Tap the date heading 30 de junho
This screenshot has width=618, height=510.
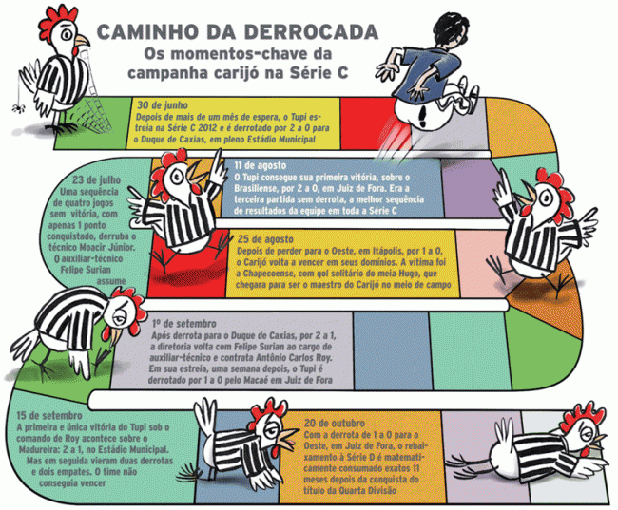[x=163, y=105]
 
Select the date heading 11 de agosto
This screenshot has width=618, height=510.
[x=261, y=165]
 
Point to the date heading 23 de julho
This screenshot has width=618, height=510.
[x=97, y=180]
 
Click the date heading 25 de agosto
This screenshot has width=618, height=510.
[x=265, y=239]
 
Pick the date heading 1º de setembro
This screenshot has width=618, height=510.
[x=184, y=324]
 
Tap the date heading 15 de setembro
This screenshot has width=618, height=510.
[x=49, y=415]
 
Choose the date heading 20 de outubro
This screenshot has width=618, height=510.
[x=335, y=424]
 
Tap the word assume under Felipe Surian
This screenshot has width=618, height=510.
[x=111, y=281]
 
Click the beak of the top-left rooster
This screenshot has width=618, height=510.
[x=83, y=40]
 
